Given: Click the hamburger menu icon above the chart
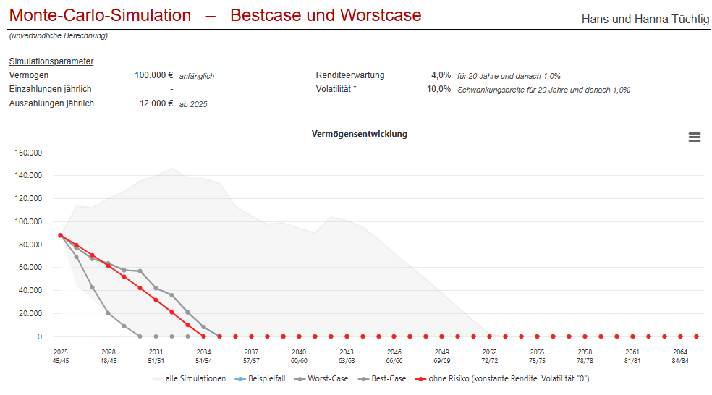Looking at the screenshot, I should click(694, 137).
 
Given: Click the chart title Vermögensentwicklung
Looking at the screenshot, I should click(359, 134).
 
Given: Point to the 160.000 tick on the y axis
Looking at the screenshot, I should click(28, 153).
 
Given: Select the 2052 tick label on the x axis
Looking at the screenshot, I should click(490, 352).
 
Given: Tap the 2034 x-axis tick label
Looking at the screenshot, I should click(203, 352).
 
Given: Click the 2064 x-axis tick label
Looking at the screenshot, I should click(680, 352).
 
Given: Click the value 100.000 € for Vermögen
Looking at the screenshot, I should click(153, 75).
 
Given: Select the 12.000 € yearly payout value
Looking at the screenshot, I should click(156, 103).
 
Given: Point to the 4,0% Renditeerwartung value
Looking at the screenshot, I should click(441, 75).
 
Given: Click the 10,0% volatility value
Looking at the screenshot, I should click(438, 89).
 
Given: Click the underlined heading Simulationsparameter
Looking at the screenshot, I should click(51, 61).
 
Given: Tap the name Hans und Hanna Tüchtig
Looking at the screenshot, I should click(645, 19).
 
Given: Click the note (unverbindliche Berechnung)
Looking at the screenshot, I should click(58, 35).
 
